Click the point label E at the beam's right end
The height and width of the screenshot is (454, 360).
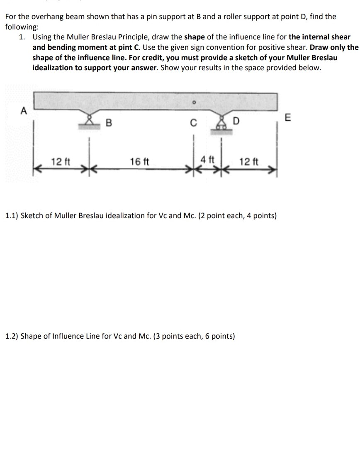click(x=288, y=118)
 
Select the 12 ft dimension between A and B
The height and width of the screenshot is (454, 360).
click(x=59, y=161)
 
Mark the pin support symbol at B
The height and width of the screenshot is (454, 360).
click(x=88, y=122)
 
